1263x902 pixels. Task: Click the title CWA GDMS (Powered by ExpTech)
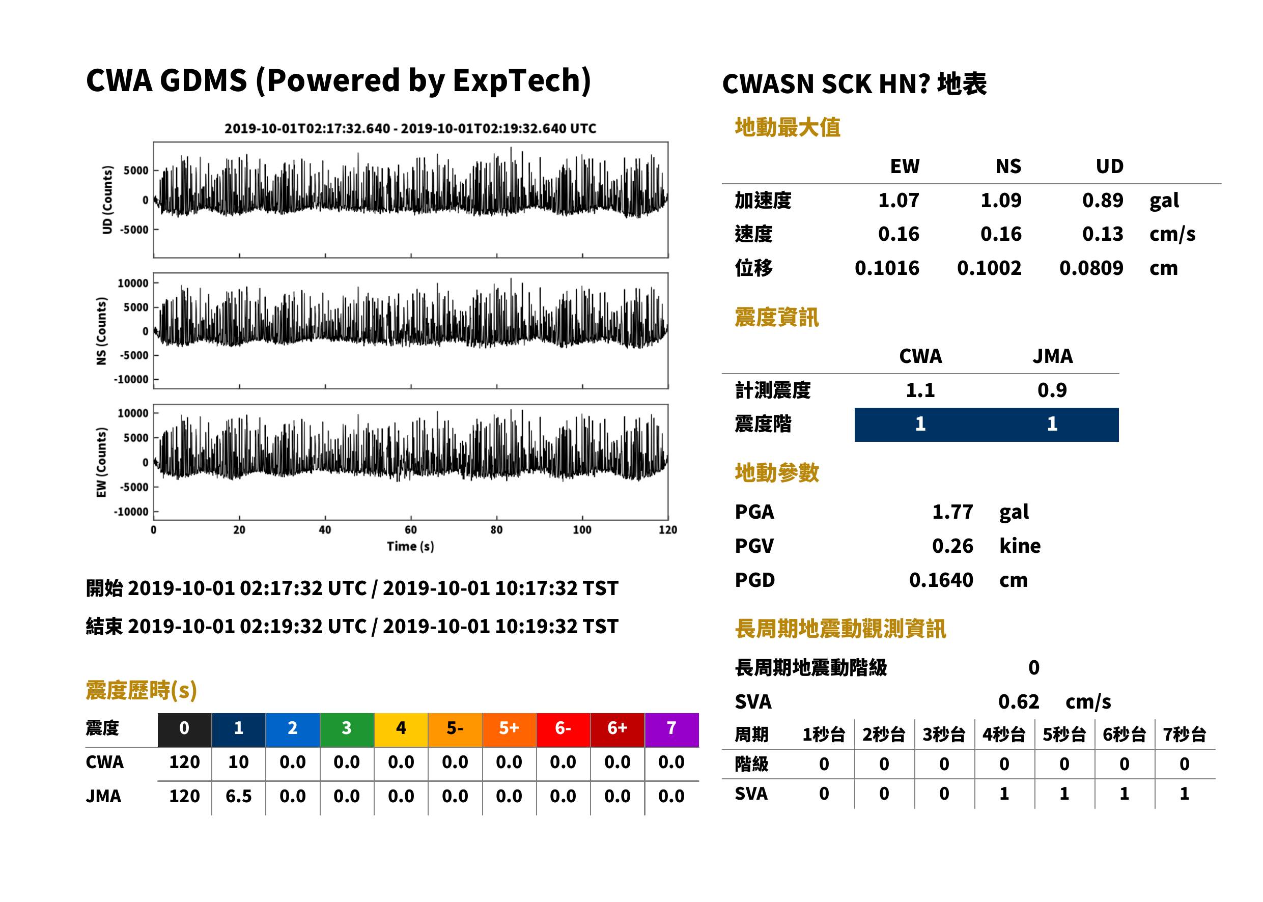coord(338,80)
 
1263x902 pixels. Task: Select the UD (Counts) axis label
coord(107,200)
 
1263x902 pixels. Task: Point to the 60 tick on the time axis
coord(410,530)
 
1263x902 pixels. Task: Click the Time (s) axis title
coord(410,547)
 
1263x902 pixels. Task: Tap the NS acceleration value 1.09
coord(1000,201)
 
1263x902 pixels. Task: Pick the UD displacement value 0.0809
coord(1091,268)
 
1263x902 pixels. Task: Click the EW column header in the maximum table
coord(905,166)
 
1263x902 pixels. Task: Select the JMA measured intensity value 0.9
coord(1052,390)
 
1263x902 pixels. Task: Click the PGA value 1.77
coord(952,512)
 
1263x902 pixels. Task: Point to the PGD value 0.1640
coord(941,580)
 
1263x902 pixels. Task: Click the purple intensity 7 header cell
coord(671,729)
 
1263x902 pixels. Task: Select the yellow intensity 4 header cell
coord(401,729)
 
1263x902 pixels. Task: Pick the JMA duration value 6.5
coord(238,797)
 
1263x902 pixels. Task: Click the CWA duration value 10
coord(238,762)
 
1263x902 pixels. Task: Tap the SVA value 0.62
coord(1018,702)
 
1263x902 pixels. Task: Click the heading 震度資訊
coord(776,318)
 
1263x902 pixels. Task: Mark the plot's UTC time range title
coord(410,129)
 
